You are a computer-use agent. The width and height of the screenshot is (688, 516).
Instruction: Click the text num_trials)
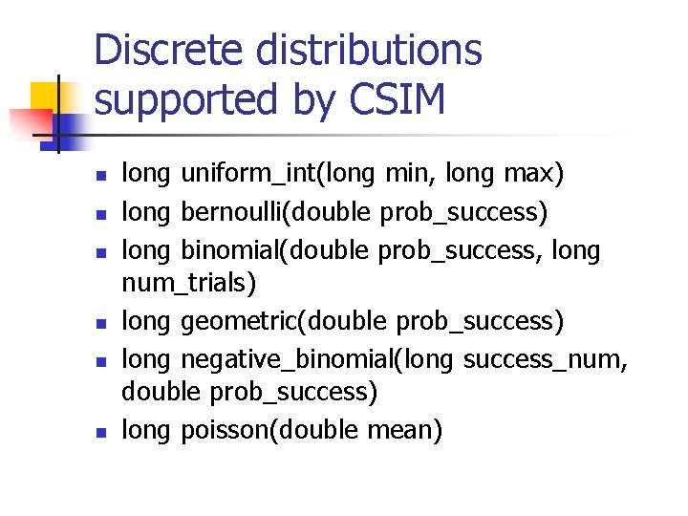coord(190,283)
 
